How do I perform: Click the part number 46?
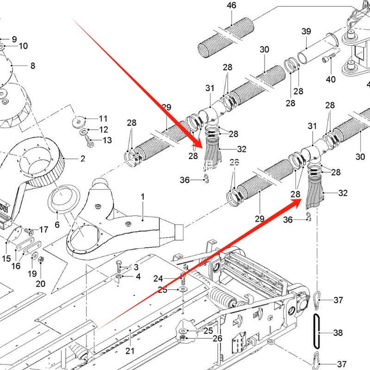coord(231,6)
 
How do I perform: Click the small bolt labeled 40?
coord(329,60)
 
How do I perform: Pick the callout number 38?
coord(338,333)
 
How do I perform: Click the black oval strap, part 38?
coord(316,331)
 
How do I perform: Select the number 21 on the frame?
coord(130,350)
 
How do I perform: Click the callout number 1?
coord(143,197)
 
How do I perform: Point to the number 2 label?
coord(83,159)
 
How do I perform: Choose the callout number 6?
coord(57,225)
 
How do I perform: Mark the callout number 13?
coord(107,140)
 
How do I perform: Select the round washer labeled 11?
coord(78,121)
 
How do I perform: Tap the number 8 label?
coord(32,66)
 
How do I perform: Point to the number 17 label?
coord(43,229)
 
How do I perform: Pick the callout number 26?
coord(204,339)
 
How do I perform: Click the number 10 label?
coord(23,46)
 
